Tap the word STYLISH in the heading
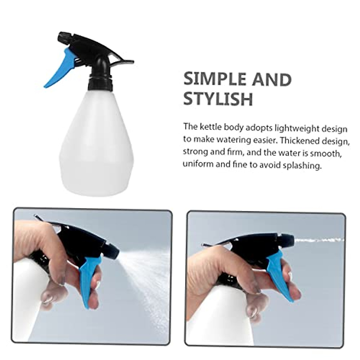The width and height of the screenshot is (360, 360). pos(218,99)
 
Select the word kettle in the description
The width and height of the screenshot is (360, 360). pos(210,127)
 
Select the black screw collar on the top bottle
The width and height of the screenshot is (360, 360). pos(100,84)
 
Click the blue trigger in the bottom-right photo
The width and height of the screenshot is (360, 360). pos(279,276)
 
